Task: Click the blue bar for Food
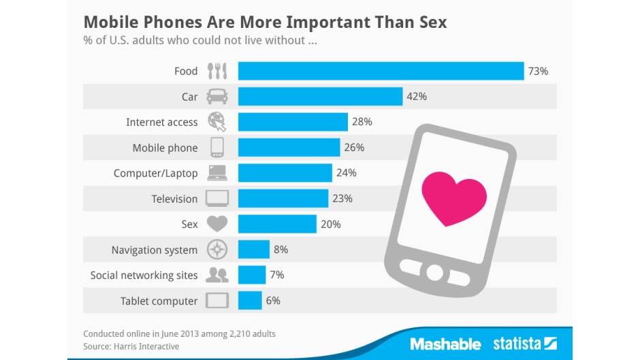coord(380,71)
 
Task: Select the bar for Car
coord(320,97)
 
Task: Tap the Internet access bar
coord(293,122)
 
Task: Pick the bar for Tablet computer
coord(250,300)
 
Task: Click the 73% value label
coord(538,71)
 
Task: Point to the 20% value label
coord(330,224)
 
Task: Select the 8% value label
coord(281,250)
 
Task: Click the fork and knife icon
coord(217,71)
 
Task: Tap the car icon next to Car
coord(217,97)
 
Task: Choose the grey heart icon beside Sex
coord(217,224)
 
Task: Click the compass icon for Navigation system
coord(217,250)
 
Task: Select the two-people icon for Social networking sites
coord(217,275)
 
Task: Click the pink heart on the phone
coord(454,197)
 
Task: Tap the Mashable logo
coord(445,344)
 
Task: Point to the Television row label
coord(174,199)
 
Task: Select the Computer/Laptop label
coord(155,173)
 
